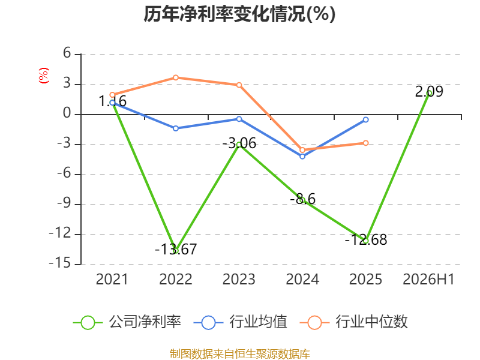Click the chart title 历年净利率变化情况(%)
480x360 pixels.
coord(239,14)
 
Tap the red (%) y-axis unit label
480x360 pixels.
coord(43,76)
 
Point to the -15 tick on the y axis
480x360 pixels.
coord(59,263)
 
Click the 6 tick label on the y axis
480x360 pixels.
coord(67,53)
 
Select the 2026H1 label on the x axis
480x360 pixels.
coord(428,279)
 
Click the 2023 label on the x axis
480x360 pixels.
coord(239,279)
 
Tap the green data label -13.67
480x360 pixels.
coord(176,249)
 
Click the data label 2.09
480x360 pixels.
coord(429,92)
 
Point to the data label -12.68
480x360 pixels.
coord(366,239)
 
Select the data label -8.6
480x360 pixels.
coord(303,199)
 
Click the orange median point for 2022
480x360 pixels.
coord(176,77)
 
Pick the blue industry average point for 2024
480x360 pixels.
coord(302,157)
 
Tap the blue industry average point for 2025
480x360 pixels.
coord(366,119)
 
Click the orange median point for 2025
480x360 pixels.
coord(366,143)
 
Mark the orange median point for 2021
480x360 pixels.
coord(112,95)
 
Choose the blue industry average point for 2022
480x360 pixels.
coord(176,128)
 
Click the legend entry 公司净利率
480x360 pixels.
coord(127,322)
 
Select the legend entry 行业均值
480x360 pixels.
coord(241,322)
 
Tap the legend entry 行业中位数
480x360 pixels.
coord(354,322)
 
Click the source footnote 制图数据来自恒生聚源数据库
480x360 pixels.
coord(240,354)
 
